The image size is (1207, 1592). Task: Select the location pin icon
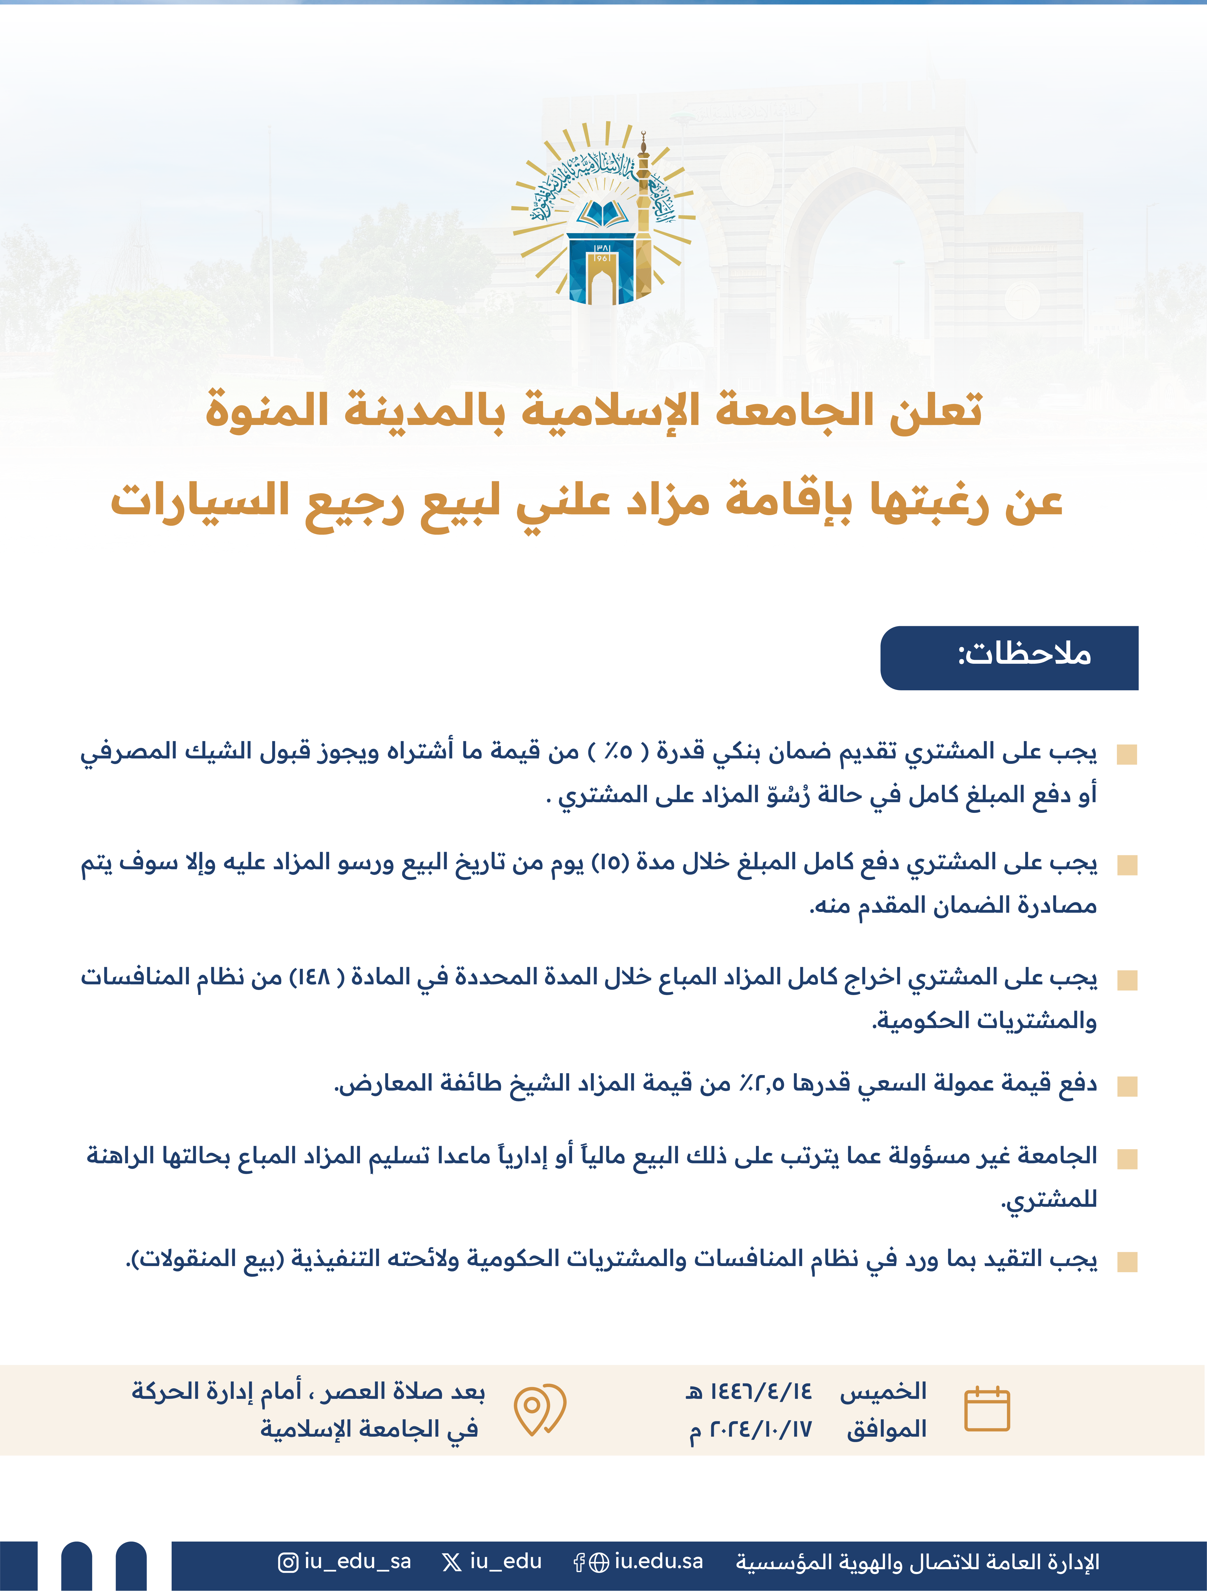(539, 1408)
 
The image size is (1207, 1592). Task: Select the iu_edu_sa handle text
(357, 1562)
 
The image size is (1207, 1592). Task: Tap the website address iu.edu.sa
(658, 1562)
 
